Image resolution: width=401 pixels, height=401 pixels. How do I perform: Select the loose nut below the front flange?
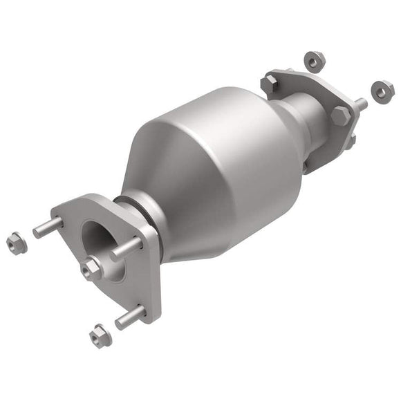click(99, 336)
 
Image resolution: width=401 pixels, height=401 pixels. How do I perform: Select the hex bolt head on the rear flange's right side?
click(339, 115)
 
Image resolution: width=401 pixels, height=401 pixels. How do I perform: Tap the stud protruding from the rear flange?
click(360, 105)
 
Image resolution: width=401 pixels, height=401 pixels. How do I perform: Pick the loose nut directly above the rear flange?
click(313, 62)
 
